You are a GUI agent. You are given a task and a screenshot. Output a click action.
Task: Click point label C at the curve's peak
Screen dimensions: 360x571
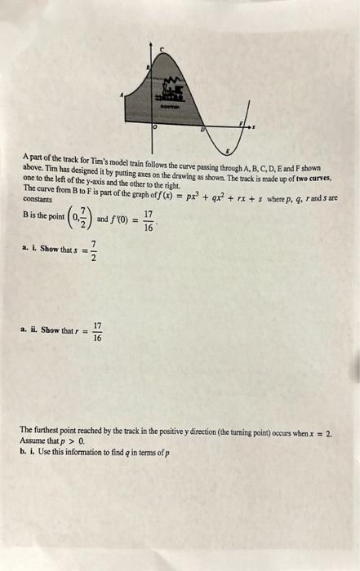tap(160, 51)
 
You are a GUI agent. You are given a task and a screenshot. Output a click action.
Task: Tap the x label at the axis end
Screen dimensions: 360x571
tap(254, 126)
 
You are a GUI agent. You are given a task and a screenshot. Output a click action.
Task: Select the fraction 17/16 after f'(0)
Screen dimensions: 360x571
tap(147, 221)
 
